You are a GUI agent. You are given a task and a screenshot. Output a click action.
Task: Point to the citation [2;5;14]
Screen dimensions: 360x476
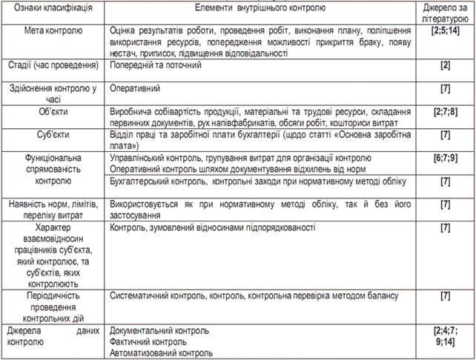tap(445, 32)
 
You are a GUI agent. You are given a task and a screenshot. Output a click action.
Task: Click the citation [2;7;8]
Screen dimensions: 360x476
tap(445, 111)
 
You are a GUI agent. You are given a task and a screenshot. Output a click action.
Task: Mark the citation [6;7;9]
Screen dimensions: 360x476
tap(445, 159)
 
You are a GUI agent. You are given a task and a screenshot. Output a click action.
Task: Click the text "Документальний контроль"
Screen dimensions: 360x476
tap(159, 330)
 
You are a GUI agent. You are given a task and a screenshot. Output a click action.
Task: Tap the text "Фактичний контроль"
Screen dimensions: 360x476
tap(148, 341)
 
